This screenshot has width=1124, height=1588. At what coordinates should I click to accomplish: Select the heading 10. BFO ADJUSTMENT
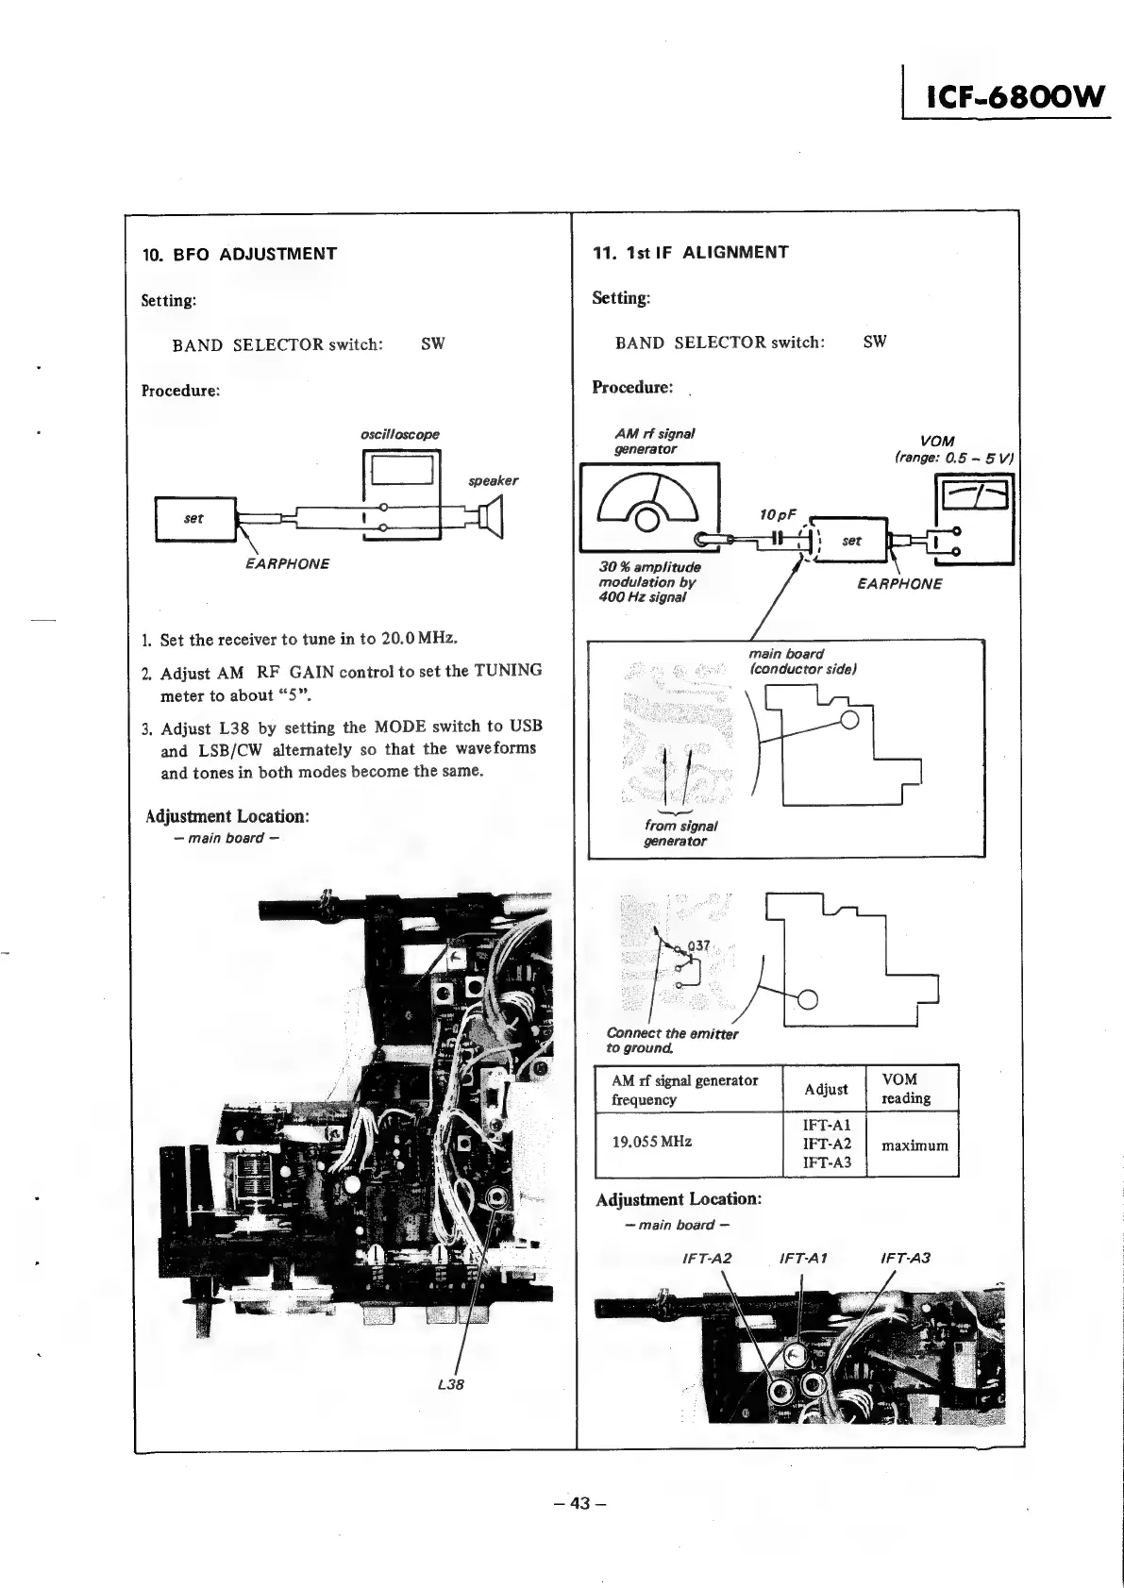click(239, 254)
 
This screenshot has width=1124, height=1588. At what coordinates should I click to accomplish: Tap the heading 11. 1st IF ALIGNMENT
click(690, 252)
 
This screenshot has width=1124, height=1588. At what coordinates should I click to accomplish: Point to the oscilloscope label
click(400, 435)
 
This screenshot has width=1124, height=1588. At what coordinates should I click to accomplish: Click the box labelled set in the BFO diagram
click(195, 518)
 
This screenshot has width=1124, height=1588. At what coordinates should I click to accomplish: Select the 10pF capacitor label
click(778, 514)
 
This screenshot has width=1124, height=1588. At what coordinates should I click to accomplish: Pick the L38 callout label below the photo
click(451, 1384)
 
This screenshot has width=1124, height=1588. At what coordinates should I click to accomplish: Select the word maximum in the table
click(914, 1145)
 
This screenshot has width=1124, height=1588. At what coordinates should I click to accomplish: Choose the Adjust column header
click(826, 1089)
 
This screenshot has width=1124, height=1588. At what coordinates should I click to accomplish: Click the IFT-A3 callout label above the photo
click(904, 1258)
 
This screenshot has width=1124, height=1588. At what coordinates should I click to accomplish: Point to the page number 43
click(579, 1502)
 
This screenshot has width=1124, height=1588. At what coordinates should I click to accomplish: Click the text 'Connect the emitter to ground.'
click(671, 1041)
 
